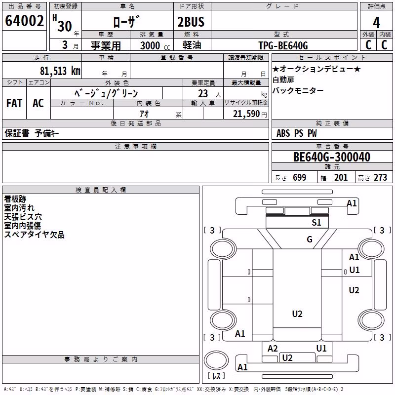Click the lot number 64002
(24, 20)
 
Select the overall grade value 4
(376, 23)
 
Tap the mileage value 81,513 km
(60, 71)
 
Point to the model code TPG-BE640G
(283, 45)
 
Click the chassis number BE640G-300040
(332, 157)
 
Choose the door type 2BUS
(191, 22)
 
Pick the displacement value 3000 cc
(155, 45)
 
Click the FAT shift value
(14, 103)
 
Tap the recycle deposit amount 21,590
(246, 114)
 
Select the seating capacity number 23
(203, 94)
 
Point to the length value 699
(300, 177)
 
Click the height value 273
(380, 177)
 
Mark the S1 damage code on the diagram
(316, 223)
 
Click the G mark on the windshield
(310, 239)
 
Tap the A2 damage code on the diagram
(273, 349)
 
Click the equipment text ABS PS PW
(297, 133)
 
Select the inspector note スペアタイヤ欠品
(34, 235)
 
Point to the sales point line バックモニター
(298, 90)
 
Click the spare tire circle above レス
(216, 360)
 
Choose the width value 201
(341, 177)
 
